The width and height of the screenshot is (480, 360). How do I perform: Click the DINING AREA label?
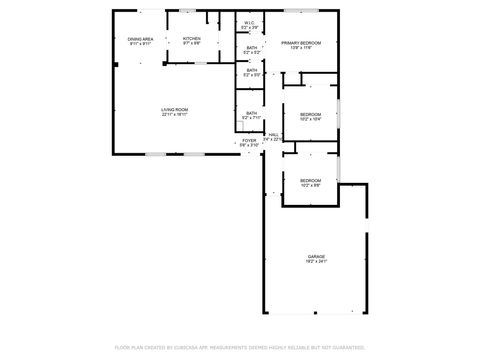[x=140, y=39]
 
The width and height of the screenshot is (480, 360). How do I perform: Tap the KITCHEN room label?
[x=191, y=39]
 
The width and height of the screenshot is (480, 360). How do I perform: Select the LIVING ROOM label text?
[x=175, y=109]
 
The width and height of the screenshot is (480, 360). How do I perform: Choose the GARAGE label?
[x=317, y=257]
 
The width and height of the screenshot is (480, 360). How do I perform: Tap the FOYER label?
[x=248, y=141]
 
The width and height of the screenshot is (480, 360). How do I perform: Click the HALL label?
[x=272, y=134]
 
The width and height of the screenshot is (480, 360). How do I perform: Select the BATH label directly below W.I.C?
[x=252, y=47]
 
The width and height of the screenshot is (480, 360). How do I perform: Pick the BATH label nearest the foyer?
[x=252, y=113]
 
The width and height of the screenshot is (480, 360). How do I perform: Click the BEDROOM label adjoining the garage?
[x=310, y=180]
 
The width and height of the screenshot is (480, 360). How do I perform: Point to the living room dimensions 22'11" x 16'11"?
[x=175, y=114]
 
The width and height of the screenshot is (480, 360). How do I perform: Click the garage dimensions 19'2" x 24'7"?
[x=317, y=262]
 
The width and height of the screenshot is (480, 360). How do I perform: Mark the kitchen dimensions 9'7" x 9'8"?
[x=191, y=44]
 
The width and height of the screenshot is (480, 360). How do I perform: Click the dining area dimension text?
[x=140, y=44]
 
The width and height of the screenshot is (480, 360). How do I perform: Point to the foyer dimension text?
[x=248, y=146]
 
